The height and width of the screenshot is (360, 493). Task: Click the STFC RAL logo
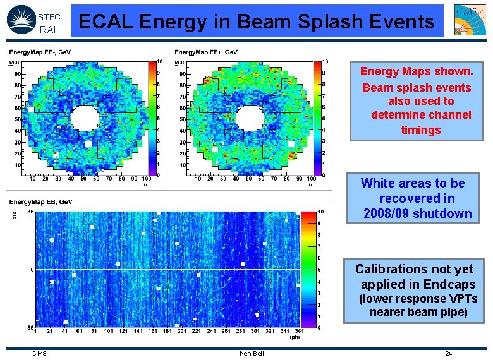[33, 20]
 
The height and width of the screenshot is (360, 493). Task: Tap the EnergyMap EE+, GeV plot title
[206, 52]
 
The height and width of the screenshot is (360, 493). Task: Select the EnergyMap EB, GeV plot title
[41, 201]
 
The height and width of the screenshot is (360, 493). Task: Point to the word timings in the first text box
[420, 129]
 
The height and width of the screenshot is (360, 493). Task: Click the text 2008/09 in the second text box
[387, 213]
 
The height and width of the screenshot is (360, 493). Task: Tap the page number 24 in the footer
[448, 353]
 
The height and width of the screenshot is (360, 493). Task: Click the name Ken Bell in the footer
[252, 353]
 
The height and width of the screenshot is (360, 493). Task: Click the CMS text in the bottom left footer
[39, 353]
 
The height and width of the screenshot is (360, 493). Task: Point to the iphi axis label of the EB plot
[295, 337]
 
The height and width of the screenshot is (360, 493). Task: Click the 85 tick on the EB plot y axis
[29, 212]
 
